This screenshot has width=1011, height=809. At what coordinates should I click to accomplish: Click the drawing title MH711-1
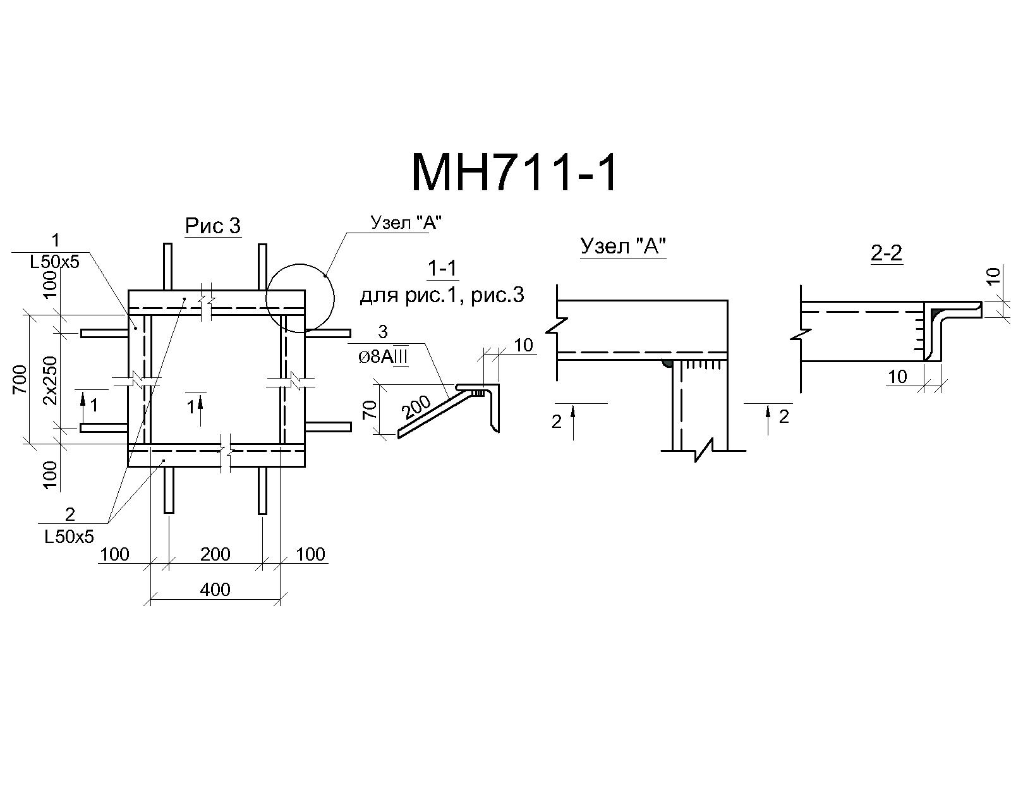pyautogui.click(x=514, y=173)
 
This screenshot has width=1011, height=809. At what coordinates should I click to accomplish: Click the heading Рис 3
pyautogui.click(x=213, y=226)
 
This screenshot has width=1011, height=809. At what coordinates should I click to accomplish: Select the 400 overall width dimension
pyautogui.click(x=215, y=590)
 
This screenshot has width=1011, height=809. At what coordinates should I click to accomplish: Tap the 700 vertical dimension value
pyautogui.click(x=20, y=380)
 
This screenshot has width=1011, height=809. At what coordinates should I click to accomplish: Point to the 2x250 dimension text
pyautogui.click(x=49, y=380)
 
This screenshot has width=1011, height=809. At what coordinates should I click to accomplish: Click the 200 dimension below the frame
pyautogui.click(x=215, y=554)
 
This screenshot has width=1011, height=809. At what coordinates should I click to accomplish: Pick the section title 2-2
pyautogui.click(x=887, y=253)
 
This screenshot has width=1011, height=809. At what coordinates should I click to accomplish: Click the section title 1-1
pyautogui.click(x=442, y=269)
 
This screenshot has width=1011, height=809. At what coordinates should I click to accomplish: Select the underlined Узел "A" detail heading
pyautogui.click(x=624, y=246)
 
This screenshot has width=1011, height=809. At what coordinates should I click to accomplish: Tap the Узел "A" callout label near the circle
pyautogui.click(x=406, y=223)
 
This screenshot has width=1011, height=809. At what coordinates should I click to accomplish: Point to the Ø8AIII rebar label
pyautogui.click(x=383, y=357)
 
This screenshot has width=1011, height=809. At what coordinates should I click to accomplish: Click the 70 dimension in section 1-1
pyautogui.click(x=370, y=410)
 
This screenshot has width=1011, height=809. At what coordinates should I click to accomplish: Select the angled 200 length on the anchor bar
pyautogui.click(x=416, y=407)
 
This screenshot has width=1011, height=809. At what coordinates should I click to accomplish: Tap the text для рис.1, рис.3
pyautogui.click(x=442, y=296)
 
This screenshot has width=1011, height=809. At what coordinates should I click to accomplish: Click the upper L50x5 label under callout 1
pyautogui.click(x=55, y=262)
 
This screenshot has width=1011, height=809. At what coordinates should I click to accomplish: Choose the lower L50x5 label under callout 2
pyautogui.click(x=70, y=537)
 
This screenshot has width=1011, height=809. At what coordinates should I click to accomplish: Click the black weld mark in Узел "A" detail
pyautogui.click(x=666, y=363)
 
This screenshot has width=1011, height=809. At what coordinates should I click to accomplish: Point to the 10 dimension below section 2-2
pyautogui.click(x=897, y=376)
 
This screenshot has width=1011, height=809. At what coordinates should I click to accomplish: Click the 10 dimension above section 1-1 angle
pyautogui.click(x=523, y=345)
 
